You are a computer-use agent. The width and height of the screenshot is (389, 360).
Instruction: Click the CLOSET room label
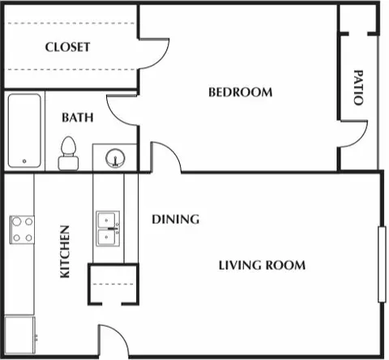(x=67, y=47)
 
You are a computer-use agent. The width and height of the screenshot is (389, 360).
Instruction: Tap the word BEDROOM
(x=241, y=92)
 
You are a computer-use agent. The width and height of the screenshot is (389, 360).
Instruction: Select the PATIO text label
(x=358, y=90)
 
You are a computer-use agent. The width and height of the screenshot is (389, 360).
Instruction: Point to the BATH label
(x=78, y=118)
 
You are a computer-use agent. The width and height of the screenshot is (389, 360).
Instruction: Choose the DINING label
(x=176, y=219)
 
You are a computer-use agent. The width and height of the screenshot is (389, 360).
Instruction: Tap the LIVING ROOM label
(x=262, y=265)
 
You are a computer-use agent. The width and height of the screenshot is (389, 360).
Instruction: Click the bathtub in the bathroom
(x=24, y=131)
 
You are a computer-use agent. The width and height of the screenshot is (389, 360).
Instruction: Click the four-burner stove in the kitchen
(x=22, y=229)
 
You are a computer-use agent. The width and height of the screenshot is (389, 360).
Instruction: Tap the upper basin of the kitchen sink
(x=108, y=220)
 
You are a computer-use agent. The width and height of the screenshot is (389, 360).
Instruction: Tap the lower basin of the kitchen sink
(x=108, y=238)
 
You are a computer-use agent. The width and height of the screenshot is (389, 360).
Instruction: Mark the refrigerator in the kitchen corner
(x=19, y=334)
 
